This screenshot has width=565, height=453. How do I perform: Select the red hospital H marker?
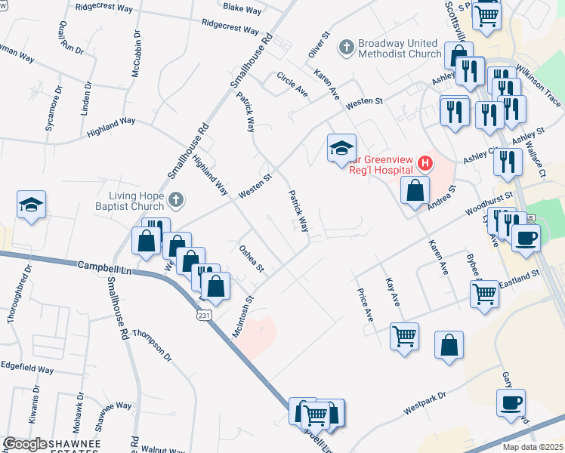[x=425, y=162]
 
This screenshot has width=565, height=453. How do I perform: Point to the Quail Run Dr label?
[x=60, y=38]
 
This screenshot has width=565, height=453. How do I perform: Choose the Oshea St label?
[x=251, y=258]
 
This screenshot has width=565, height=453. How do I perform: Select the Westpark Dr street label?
[x=425, y=402]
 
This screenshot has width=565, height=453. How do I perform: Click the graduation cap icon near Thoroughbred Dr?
[x=32, y=205]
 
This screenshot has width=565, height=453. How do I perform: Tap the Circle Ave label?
[x=292, y=85]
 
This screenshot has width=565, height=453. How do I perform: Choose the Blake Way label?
[x=242, y=10]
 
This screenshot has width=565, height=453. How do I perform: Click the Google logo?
[x=26, y=444]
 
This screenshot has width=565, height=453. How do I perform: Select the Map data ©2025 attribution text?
[x=532, y=447]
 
